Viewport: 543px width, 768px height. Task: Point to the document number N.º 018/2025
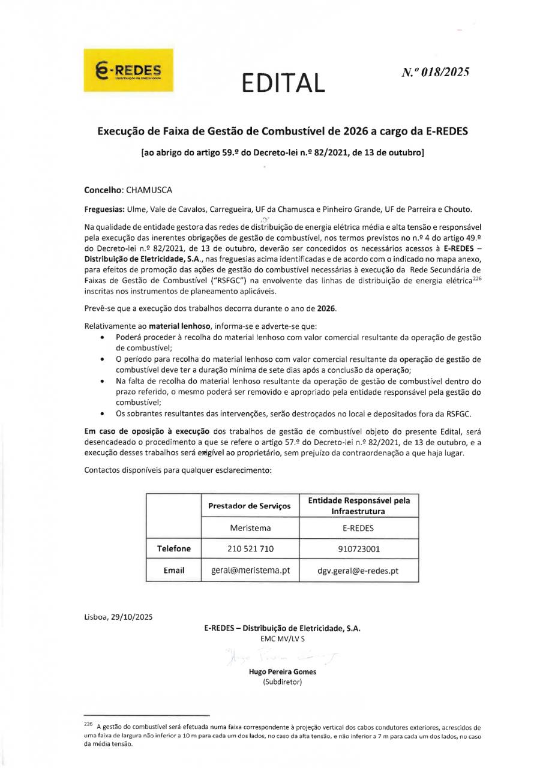point(435,72)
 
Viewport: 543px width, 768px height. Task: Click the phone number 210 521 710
point(251,548)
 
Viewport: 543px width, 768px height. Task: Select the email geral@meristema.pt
point(251,571)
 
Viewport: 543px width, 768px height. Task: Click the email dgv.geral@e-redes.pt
point(358,571)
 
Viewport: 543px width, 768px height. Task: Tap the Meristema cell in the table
point(251,528)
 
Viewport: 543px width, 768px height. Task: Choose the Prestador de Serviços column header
point(250,506)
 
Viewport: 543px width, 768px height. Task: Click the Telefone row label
point(173,548)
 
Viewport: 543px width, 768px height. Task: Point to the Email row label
point(173,571)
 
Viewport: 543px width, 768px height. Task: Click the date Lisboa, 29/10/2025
point(119,617)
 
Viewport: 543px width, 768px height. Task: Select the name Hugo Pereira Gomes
point(282,672)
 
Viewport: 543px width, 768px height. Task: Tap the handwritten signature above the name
point(282,656)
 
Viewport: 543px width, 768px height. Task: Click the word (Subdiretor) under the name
point(282,682)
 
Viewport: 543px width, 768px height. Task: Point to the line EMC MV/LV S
point(282,639)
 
